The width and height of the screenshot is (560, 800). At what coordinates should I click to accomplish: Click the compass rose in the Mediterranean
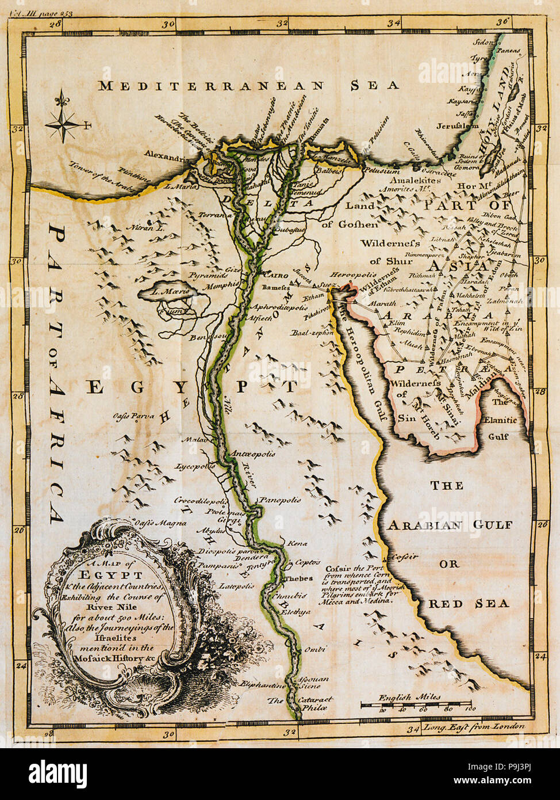pos(64,121)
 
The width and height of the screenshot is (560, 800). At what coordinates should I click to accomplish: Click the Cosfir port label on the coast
pos(404,557)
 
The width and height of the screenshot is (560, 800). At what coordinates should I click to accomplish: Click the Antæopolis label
pos(252,454)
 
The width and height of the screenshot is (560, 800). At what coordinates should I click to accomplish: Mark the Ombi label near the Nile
pos(315,649)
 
